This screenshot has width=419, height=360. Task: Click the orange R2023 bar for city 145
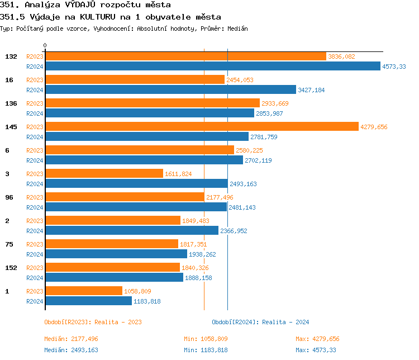tap(201, 127)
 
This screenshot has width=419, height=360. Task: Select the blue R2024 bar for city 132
tap(212, 67)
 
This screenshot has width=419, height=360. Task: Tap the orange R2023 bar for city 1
tap(83, 291)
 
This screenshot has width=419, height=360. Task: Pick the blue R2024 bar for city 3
tap(136, 184)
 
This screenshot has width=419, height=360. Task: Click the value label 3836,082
tap(341, 56)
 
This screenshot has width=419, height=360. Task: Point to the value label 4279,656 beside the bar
tap(374, 127)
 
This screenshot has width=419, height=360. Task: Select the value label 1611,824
tap(178, 174)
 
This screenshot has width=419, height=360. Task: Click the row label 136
tap(11, 103)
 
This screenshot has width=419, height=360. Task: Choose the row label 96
tap(9, 197)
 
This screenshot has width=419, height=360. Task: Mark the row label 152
tap(11, 268)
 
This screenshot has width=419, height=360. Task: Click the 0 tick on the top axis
tap(45, 45)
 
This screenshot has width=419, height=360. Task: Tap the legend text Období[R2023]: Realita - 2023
tap(93, 322)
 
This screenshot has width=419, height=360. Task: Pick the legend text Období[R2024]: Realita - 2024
tap(260, 322)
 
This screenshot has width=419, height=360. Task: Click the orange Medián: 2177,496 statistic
tap(71, 339)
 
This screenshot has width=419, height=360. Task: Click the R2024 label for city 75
tap(35, 254)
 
